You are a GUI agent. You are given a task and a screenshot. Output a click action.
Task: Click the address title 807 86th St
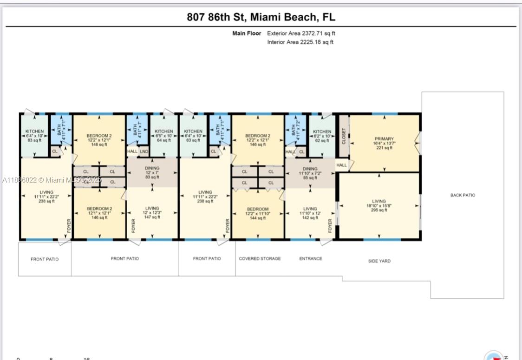coord(261,18)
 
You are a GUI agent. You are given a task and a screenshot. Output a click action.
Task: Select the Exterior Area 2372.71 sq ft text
coord(301,33)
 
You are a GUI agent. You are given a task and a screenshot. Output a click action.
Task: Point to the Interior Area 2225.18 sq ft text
coord(300,42)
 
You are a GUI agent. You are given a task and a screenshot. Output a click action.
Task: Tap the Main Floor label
coord(247,33)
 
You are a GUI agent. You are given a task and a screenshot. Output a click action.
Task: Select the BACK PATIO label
coord(463,195)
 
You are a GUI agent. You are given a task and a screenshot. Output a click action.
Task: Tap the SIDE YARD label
coord(379,261)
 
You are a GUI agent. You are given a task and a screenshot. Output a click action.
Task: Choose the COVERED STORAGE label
coord(260,259)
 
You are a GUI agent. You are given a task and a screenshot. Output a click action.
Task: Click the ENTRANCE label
coord(311,259)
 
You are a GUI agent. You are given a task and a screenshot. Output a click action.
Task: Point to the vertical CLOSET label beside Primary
coord(344,136)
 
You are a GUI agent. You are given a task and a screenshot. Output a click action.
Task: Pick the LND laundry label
coord(144,151)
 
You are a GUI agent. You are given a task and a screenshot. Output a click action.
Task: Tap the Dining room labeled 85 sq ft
coord(310,173)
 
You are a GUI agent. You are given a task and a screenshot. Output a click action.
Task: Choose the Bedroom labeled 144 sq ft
coord(258,213)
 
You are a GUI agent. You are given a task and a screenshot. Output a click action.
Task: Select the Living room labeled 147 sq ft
coord(152,213)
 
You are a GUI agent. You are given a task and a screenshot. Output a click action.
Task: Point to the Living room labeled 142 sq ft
coord(310,213)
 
